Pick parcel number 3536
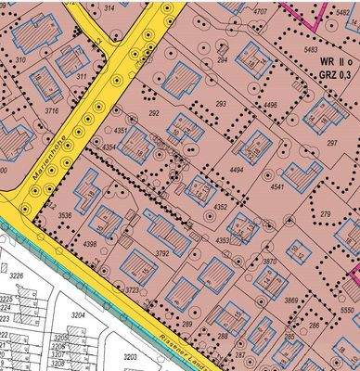click(65, 215)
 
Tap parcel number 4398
click(89, 244)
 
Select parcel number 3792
click(162, 252)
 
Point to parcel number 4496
click(270, 105)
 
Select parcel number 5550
click(347, 308)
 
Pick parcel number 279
click(326, 214)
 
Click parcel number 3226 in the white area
click(15, 275)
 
